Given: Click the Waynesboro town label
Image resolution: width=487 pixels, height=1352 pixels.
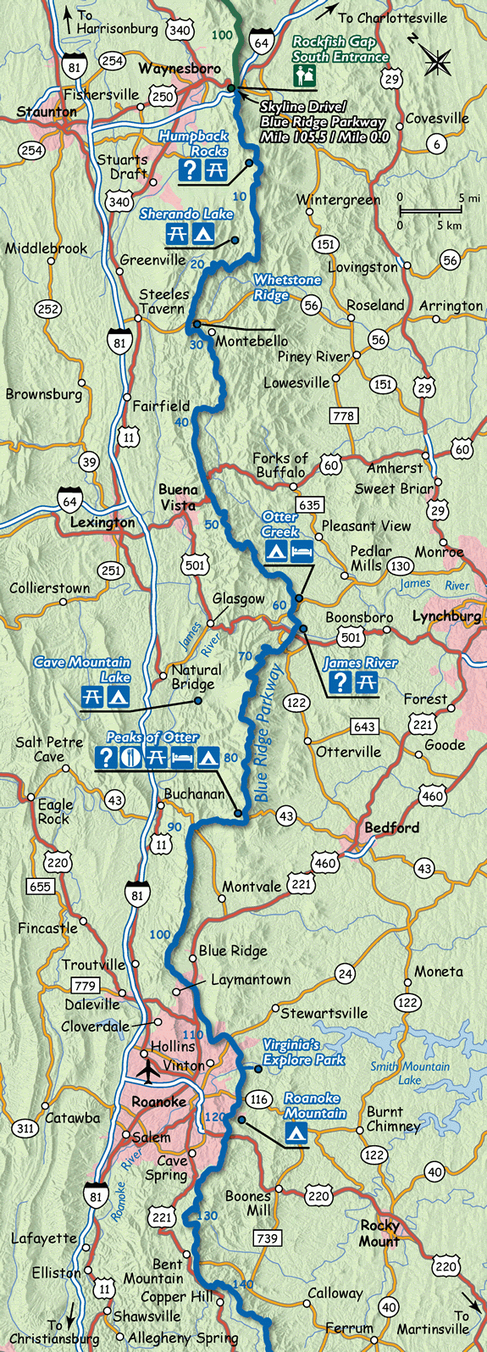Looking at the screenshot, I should pyautogui.click(x=180, y=68).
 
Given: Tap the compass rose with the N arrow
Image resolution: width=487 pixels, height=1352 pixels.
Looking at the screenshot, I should pyautogui.click(x=437, y=61).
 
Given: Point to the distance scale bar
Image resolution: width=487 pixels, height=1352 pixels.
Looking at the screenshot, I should pyautogui.click(x=430, y=211).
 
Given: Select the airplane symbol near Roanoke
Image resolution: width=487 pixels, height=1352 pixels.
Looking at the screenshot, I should pyautogui.click(x=150, y=1071).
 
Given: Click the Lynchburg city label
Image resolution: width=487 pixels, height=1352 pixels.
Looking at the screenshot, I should pyautogui.click(x=446, y=616).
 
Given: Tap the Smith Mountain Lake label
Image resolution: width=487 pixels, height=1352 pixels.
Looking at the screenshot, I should pyautogui.click(x=410, y=1072).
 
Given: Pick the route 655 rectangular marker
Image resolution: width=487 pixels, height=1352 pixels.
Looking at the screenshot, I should pyautogui.click(x=40, y=887).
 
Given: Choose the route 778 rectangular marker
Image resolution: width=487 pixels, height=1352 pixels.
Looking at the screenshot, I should pyautogui.click(x=343, y=416).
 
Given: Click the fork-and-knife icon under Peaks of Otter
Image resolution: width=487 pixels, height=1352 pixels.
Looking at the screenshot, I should pyautogui.click(x=130, y=757).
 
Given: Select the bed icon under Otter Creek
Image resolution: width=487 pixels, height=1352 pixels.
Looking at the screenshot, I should pyautogui.click(x=302, y=553).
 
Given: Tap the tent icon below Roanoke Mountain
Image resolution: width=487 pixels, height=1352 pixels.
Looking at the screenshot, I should pyautogui.click(x=296, y=1132).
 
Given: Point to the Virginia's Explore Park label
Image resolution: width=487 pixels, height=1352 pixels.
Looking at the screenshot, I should pyautogui.click(x=303, y=1053).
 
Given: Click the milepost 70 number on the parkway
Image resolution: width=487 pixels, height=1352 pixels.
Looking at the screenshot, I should pyautogui.click(x=246, y=656).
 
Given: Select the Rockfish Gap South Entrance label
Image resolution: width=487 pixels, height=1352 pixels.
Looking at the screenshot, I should pyautogui.click(x=340, y=49).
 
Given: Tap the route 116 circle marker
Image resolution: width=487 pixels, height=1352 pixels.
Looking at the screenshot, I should pyautogui.click(x=259, y=1099).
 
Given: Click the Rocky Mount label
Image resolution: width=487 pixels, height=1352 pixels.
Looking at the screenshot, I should pyautogui.click(x=379, y=1232).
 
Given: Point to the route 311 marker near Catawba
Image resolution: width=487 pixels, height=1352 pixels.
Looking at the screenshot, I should pyautogui.click(x=25, y=1127).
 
